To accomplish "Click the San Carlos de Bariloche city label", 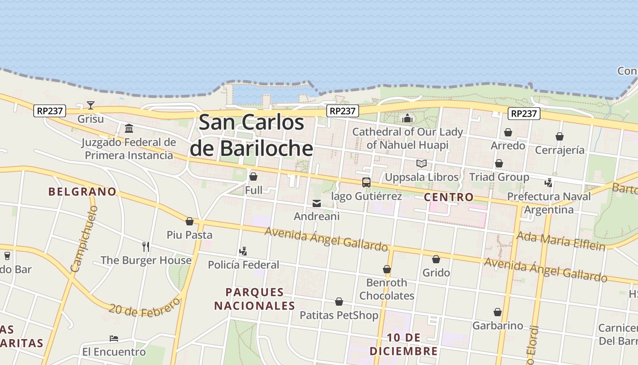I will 252,135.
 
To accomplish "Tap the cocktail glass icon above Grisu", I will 91,105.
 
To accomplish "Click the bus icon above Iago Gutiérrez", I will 366,182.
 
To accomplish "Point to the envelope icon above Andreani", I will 317,203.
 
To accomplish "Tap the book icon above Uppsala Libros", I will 422,163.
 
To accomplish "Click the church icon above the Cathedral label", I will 407,119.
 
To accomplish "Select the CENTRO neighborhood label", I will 449,197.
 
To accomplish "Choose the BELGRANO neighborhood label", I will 82,192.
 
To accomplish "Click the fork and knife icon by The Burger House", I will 146,247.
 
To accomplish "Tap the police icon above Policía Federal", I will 243,251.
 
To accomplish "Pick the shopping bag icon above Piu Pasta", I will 190,222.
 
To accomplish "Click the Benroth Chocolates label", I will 387,289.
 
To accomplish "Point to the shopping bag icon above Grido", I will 436,259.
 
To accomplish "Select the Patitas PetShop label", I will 339,315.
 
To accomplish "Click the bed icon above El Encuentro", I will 114,339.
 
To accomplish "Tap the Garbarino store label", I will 498,326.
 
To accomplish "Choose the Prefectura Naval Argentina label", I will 549,203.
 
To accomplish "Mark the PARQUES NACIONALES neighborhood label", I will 255,299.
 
